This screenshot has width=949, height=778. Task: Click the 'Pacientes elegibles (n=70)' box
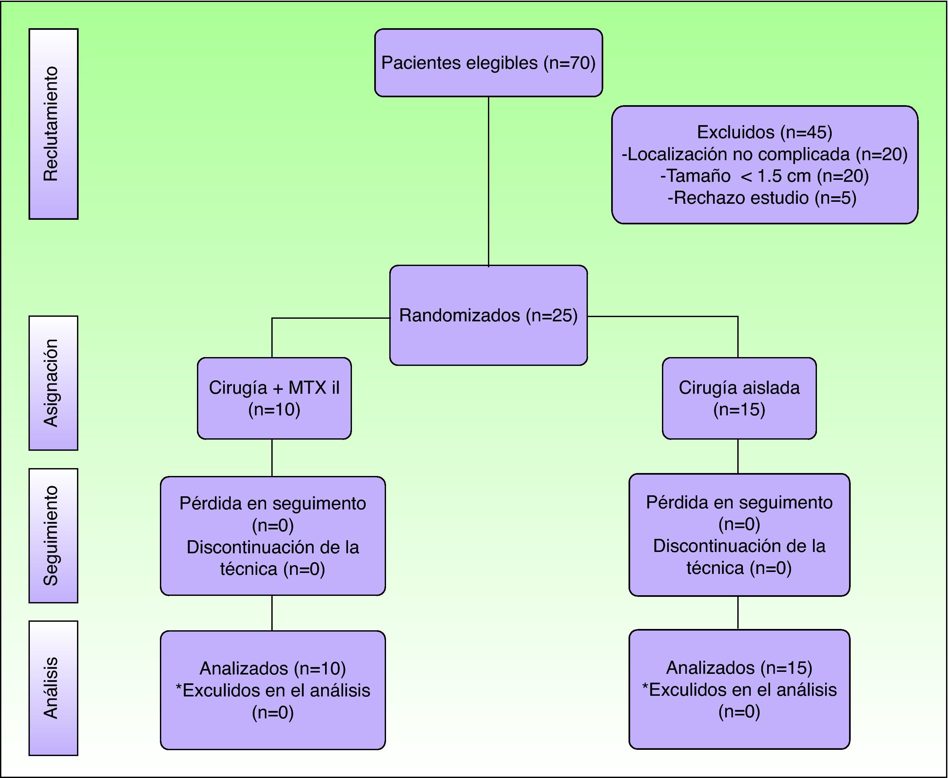click(x=488, y=63)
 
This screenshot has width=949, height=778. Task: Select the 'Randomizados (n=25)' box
click(x=488, y=315)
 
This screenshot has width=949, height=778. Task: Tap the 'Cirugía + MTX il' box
click(x=274, y=398)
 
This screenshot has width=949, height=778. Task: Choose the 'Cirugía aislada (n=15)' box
click(x=739, y=398)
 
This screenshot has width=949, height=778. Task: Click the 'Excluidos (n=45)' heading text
click(x=764, y=132)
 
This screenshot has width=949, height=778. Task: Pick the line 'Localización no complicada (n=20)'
click(x=764, y=154)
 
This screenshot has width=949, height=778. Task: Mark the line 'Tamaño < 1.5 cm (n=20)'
click(x=764, y=176)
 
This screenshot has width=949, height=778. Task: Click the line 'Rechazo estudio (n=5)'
click(x=762, y=198)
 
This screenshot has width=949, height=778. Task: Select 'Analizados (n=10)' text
click(x=273, y=668)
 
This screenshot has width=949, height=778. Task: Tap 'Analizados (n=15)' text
click(x=739, y=667)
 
